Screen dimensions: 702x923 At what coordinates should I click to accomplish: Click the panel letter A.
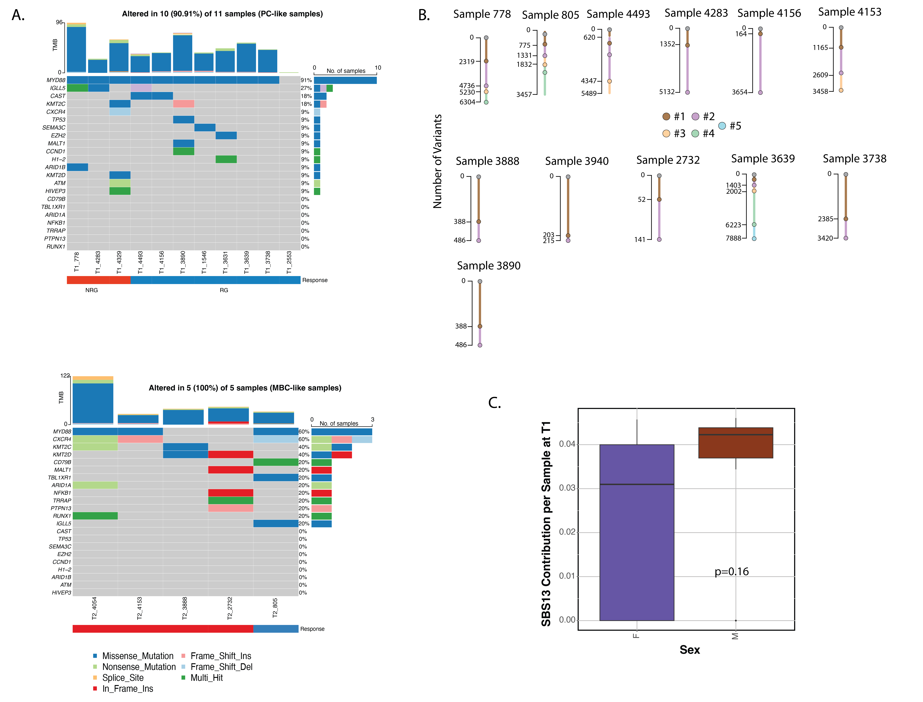tap(18, 15)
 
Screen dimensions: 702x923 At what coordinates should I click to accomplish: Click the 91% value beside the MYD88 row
tap(306, 80)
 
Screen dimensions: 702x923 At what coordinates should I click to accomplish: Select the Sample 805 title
tap(550, 15)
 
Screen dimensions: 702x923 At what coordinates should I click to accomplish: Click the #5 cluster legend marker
tap(722, 126)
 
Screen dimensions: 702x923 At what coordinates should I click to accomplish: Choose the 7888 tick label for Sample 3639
tap(733, 238)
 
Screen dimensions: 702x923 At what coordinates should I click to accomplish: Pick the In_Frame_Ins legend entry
tap(127, 689)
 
